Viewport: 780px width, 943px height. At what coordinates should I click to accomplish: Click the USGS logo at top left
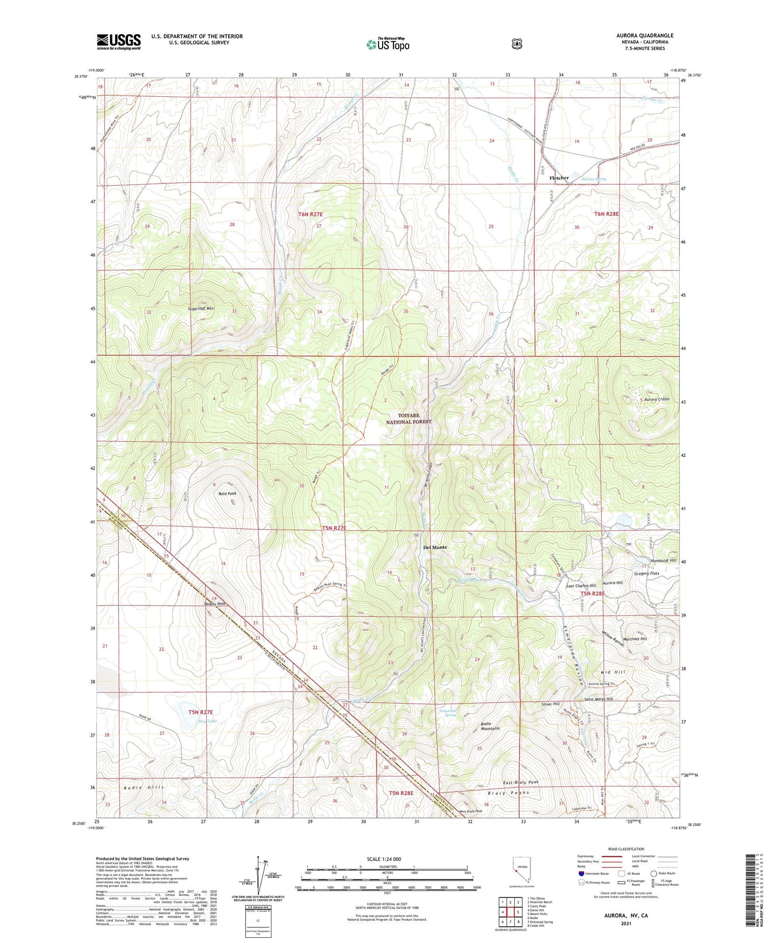pyautogui.click(x=119, y=42)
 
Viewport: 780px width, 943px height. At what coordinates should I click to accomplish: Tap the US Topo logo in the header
pyautogui.click(x=387, y=45)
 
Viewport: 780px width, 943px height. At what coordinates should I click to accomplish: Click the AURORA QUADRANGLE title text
pyautogui.click(x=644, y=35)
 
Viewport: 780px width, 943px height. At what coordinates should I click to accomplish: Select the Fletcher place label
pyautogui.click(x=559, y=178)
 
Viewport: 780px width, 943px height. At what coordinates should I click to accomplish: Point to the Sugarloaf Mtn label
pyautogui.click(x=201, y=308)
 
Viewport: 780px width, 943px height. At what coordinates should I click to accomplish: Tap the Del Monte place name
pyautogui.click(x=435, y=547)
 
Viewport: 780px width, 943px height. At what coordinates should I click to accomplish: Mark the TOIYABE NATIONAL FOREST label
pyautogui.click(x=408, y=419)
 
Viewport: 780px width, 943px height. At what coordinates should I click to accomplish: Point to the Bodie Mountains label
pyautogui.click(x=490, y=726)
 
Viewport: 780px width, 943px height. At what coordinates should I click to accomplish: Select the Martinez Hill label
pyautogui.click(x=635, y=639)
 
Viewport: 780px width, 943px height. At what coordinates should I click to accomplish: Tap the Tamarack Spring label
pyautogui.click(x=447, y=713)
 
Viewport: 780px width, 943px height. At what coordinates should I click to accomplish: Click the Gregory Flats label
pyautogui.click(x=646, y=573)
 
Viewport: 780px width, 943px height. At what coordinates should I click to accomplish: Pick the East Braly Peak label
pyautogui.click(x=521, y=782)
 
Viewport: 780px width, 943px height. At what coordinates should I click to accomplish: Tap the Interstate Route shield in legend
pyautogui.click(x=581, y=873)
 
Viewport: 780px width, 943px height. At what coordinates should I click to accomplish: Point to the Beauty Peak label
pyautogui.click(x=215, y=604)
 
